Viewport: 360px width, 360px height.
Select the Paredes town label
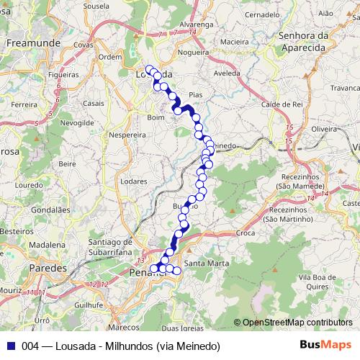[x=48, y=268]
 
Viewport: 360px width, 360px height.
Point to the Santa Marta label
[x=207, y=264]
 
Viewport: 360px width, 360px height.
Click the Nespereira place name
[x=127, y=134]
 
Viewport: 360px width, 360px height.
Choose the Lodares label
[x=135, y=181]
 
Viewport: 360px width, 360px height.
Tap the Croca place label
[x=246, y=233]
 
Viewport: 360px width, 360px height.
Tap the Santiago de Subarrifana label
[x=110, y=247]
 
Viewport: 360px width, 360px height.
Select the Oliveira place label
[x=325, y=128]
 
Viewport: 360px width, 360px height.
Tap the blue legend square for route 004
[x=9, y=346]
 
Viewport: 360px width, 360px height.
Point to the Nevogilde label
[x=77, y=123]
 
